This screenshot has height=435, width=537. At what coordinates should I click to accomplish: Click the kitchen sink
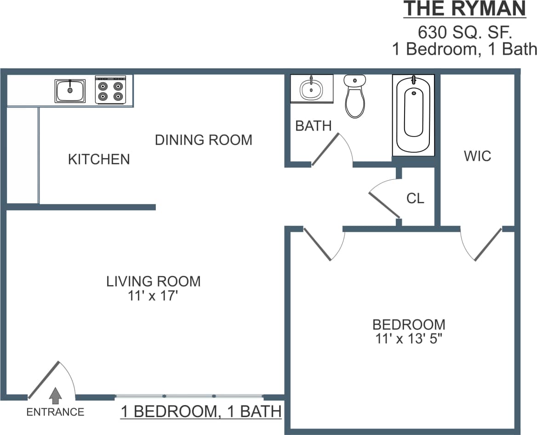[x=70, y=91]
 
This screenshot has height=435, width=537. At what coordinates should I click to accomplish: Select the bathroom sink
[x=312, y=89]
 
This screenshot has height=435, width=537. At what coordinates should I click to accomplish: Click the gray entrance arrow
[x=56, y=395]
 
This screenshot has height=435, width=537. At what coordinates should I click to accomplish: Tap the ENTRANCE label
[x=55, y=412]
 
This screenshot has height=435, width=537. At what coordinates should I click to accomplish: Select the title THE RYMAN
[x=464, y=9]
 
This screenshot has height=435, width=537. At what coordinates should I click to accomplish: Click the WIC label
[x=477, y=156]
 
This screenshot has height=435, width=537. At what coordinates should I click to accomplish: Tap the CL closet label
[x=415, y=198]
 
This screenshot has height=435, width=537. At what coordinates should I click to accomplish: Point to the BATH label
[x=313, y=126]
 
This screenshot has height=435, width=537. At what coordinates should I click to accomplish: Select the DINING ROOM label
[x=203, y=140]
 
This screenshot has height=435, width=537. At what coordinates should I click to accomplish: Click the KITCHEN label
[x=99, y=159]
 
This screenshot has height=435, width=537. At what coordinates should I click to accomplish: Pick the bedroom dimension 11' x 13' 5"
[x=408, y=339]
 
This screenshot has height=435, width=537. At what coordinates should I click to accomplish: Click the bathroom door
[x=326, y=149]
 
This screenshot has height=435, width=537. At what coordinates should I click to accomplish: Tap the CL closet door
[x=384, y=204]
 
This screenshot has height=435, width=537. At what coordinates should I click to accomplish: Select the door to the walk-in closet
[x=488, y=245]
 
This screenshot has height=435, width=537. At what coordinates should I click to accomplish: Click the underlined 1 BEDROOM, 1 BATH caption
[x=201, y=411]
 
